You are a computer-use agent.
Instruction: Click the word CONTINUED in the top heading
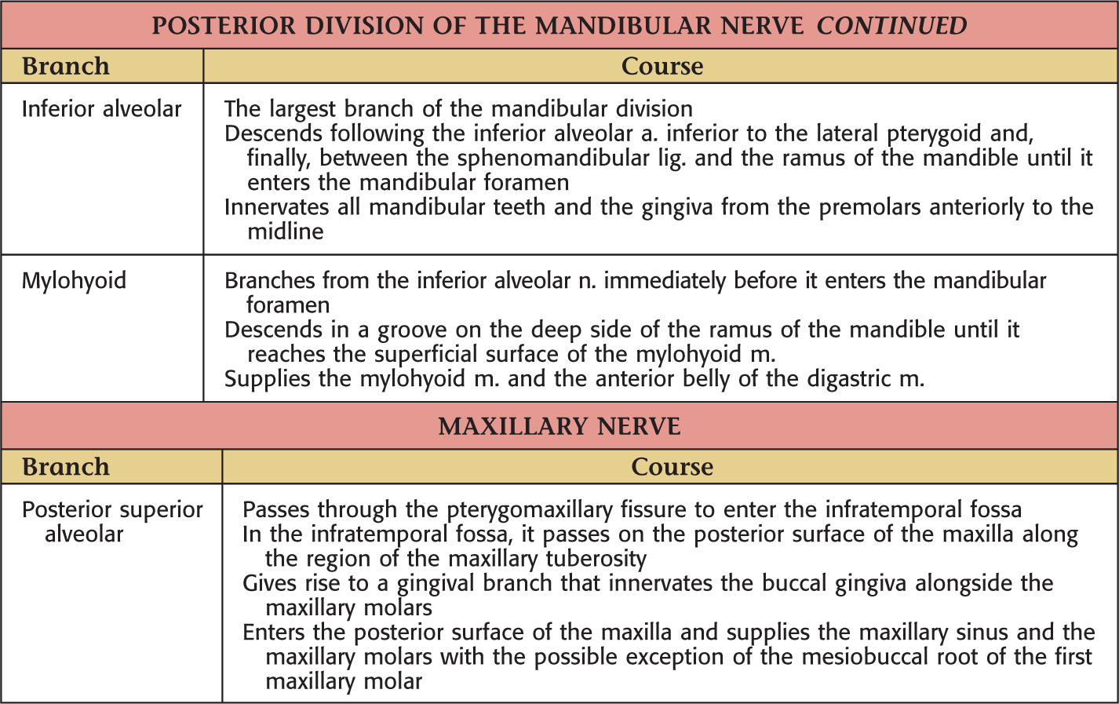[891, 26]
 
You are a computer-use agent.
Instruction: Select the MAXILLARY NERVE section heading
[559, 426]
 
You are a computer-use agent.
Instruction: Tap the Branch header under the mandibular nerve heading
[66, 67]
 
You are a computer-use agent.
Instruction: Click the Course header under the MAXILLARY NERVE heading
[672, 467]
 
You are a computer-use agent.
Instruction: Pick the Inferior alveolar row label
[101, 109]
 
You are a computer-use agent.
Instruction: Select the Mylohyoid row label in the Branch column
[74, 281]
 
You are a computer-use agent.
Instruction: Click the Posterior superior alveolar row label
[111, 521]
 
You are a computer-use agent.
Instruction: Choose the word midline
[286, 232]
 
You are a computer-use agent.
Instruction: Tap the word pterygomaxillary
[530, 509]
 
